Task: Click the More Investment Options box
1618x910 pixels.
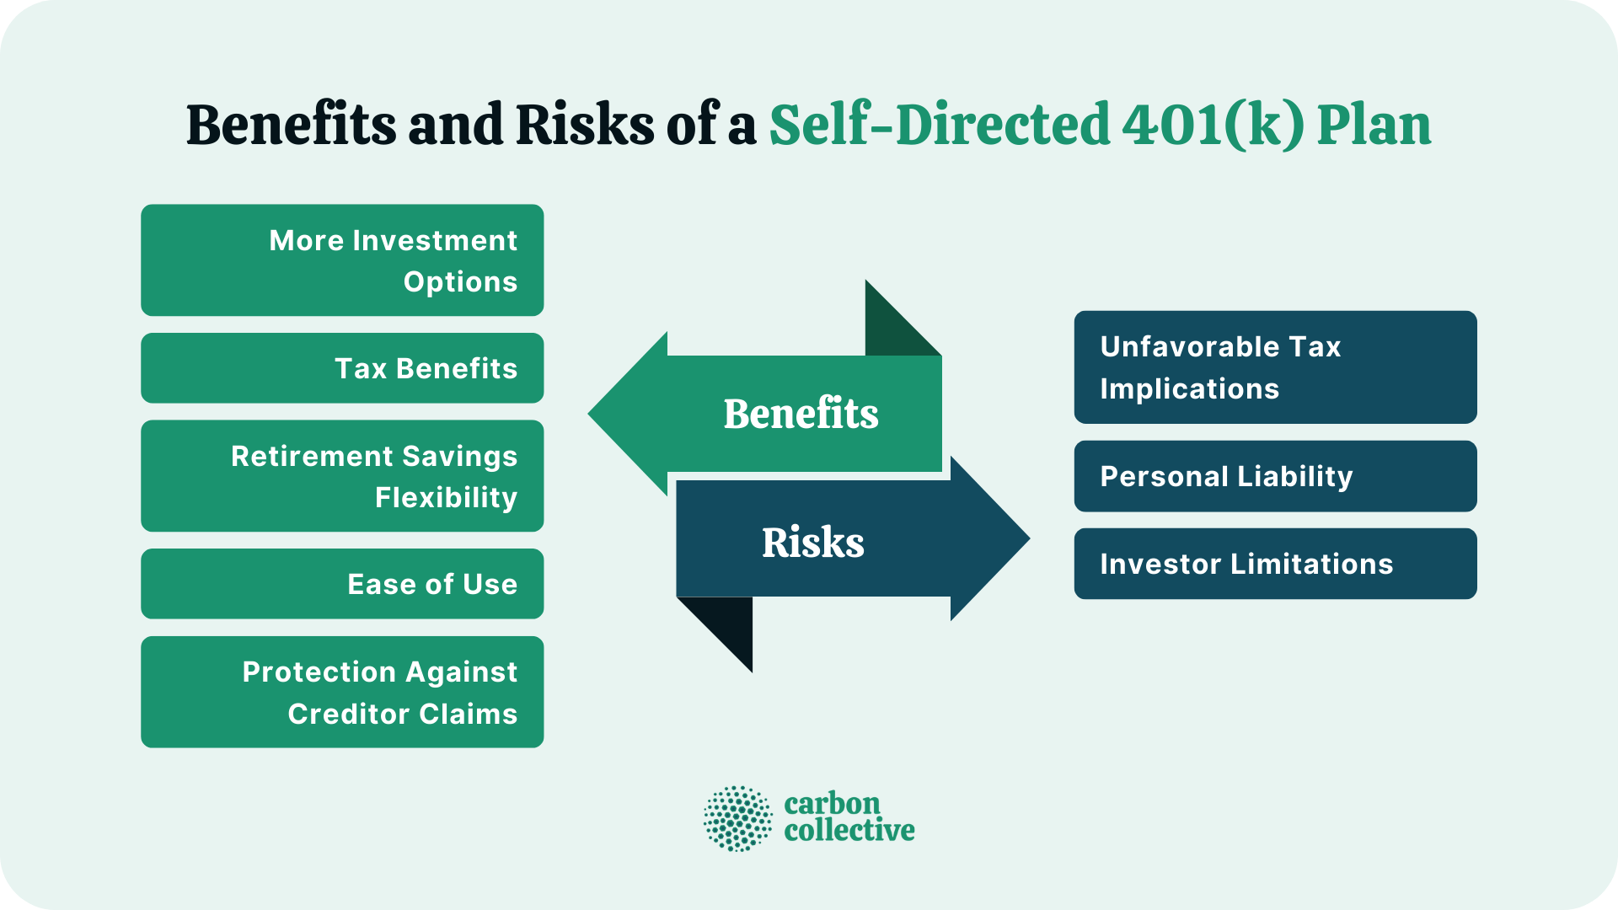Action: (342, 260)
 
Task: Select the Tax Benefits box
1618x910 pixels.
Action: (342, 368)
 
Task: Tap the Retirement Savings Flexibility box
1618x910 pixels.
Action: (342, 476)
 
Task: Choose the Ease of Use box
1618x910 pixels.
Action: (342, 584)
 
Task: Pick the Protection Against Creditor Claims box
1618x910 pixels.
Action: (342, 692)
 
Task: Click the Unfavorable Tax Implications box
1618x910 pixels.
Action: (1275, 367)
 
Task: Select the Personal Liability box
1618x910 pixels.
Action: (1275, 476)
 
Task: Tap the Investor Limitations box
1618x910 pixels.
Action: (1275, 564)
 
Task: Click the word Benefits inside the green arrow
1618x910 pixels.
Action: (801, 414)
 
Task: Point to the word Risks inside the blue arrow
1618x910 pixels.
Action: (813, 543)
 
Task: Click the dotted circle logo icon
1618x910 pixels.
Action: (737, 818)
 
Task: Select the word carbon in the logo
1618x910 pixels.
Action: (832, 804)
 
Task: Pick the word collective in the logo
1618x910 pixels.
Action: (849, 831)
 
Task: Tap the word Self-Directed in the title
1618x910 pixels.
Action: (940, 125)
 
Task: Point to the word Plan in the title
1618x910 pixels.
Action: (1374, 125)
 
